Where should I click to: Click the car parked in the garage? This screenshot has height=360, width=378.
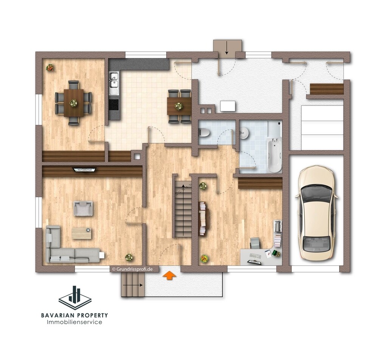(316, 213)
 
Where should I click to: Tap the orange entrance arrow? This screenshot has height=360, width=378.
(169, 275)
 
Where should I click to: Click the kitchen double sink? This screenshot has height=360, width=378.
(113, 83)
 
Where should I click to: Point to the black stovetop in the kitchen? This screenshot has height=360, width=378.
(114, 105)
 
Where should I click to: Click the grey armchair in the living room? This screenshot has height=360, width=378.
(83, 208)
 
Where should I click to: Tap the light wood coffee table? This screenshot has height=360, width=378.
(82, 233)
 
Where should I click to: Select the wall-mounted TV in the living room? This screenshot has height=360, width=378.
(85, 170)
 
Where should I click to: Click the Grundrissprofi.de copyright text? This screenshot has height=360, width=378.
(132, 269)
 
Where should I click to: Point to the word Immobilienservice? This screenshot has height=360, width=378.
(74, 322)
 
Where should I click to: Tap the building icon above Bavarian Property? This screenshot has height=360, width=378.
(75, 298)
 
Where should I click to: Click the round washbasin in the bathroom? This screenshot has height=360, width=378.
(245, 133)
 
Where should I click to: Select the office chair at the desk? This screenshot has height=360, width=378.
(255, 242)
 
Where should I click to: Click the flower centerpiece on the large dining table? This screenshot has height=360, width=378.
(73, 103)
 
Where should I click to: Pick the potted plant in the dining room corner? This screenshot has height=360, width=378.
(50, 67)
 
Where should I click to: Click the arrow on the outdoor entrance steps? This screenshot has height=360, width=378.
(133, 285)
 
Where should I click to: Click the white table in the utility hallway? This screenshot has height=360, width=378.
(228, 106)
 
